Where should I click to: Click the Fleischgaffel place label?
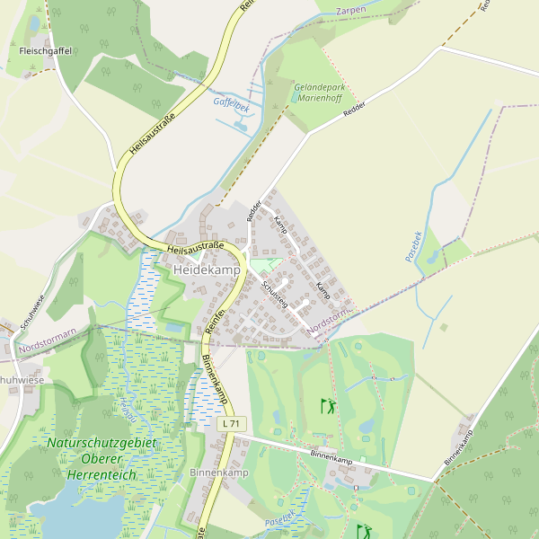coord(45,52)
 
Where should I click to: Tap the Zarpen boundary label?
coord(350,10)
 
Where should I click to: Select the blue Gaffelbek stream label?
coord(231,102)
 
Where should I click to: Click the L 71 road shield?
coord(231,423)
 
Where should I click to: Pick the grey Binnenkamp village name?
coord(219,473)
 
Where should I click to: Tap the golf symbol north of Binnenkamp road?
coord(328,406)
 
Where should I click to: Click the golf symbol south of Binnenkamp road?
coord(363,531)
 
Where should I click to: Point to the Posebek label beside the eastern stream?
coord(413,246)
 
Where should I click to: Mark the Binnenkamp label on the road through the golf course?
coord(331,456)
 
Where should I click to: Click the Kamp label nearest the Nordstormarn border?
coord(323,290)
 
